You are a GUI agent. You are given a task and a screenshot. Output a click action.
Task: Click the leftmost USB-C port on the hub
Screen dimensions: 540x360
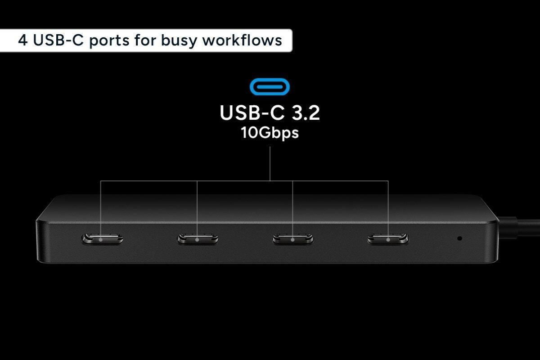tap(103, 239)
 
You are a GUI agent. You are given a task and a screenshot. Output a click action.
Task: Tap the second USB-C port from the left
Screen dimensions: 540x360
tap(198, 239)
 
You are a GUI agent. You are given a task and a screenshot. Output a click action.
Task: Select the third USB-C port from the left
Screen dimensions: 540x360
tap(293, 239)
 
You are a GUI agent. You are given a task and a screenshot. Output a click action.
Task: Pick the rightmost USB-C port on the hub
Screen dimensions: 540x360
tap(388, 239)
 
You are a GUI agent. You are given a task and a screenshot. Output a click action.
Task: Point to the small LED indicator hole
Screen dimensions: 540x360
tap(460, 238)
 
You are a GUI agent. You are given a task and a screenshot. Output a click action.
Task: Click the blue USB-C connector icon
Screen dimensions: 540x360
tap(270, 86)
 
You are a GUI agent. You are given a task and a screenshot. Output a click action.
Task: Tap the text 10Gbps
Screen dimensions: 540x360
tap(270, 133)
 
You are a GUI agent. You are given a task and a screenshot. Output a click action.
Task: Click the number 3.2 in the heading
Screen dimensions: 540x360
tap(306, 112)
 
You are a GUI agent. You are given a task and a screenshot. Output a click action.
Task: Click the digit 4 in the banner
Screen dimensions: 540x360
tap(22, 40)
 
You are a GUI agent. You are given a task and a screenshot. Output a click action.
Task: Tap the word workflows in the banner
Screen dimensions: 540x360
tap(242, 40)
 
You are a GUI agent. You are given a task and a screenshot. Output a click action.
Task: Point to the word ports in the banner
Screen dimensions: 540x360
tap(109, 41)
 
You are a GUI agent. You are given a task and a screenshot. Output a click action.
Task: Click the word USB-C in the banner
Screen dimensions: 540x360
tap(58, 40)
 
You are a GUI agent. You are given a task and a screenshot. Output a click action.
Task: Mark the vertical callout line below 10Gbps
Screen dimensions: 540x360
tap(270, 164)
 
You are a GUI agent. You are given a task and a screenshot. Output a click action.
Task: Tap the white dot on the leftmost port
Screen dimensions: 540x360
tap(100, 240)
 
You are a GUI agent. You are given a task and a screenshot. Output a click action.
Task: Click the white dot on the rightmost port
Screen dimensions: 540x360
tap(388, 240)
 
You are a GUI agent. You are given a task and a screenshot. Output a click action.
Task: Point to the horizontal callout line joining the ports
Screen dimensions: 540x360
tap(244, 181)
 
